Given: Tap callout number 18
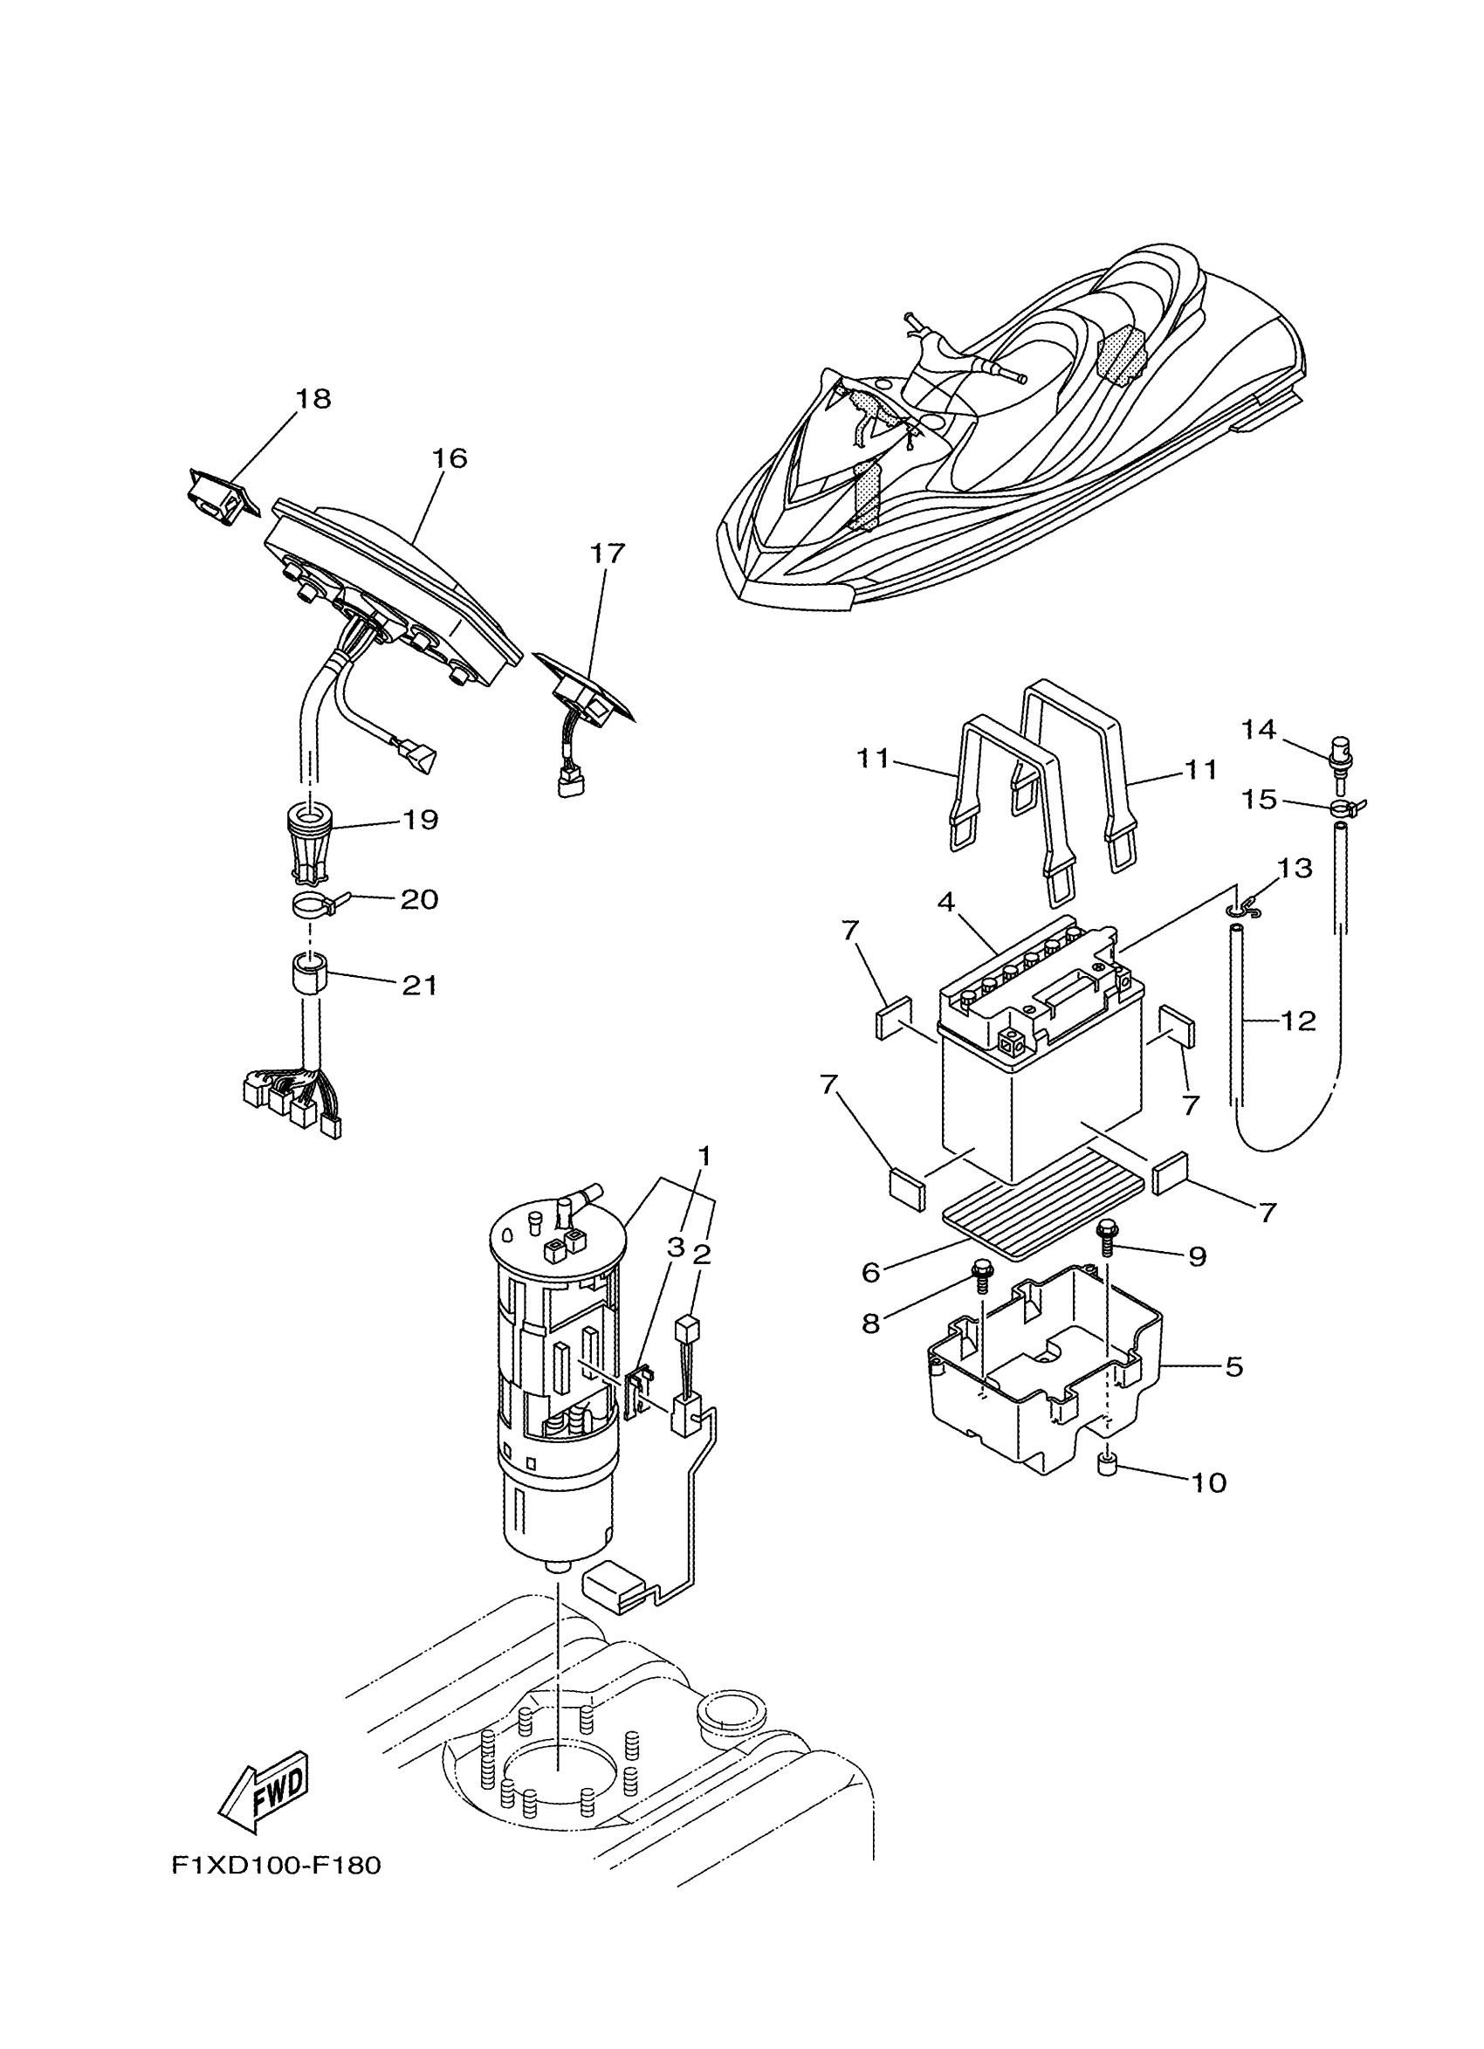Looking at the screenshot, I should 313,398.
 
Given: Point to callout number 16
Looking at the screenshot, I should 449,458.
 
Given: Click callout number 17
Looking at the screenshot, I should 607,553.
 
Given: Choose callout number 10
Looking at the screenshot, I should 1209,1482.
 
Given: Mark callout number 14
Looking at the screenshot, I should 1258,728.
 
